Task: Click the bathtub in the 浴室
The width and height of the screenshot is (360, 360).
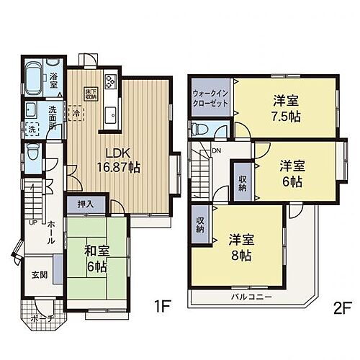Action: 35,77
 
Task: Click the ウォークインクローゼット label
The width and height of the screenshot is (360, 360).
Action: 210,99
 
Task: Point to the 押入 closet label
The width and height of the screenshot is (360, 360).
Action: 85,204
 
